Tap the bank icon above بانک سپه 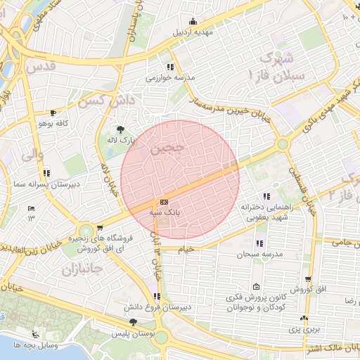pyautogui.click(x=164, y=202)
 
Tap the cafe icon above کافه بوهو pyautogui.click(x=53, y=112)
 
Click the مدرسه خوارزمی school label pyautogui.click(x=164, y=78)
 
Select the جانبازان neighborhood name pyautogui.click(x=82, y=269)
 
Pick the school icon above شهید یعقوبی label pyautogui.click(x=266, y=196)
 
